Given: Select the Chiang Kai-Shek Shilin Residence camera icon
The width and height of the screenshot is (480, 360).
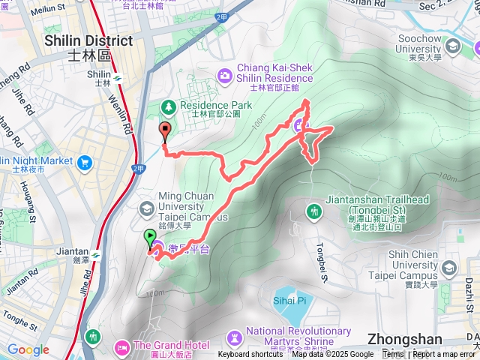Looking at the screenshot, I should coord(224,75).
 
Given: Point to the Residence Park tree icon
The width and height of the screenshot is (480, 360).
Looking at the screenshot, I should coord(168,108).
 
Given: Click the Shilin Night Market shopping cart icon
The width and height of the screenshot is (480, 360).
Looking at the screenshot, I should coord(84,161).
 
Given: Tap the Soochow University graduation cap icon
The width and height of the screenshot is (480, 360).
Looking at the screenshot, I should coord(452,47).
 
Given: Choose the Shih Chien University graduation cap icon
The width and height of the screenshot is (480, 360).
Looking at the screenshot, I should coord(448,268).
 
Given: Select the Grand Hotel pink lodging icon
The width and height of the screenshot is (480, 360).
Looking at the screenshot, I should coord(122,347).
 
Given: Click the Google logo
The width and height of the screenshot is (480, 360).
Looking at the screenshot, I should coord(28,349).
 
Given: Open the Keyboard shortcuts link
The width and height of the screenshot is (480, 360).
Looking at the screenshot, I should coord(250,355).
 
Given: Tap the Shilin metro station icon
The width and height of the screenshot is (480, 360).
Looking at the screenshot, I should coord(117,76).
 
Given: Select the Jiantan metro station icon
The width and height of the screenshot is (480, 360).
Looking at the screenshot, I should coord(104,252).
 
